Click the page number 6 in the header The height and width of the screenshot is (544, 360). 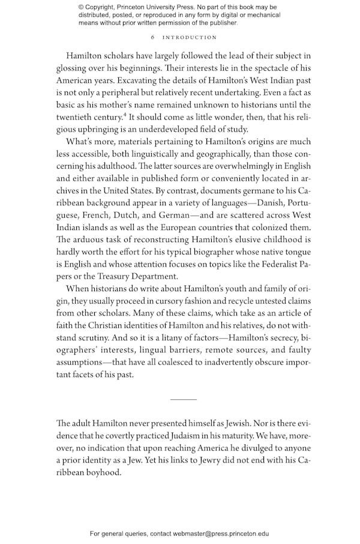tap(153, 37)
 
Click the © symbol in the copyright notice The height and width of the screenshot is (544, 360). tap(82, 7)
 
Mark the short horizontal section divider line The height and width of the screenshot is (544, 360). tap(184, 399)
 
